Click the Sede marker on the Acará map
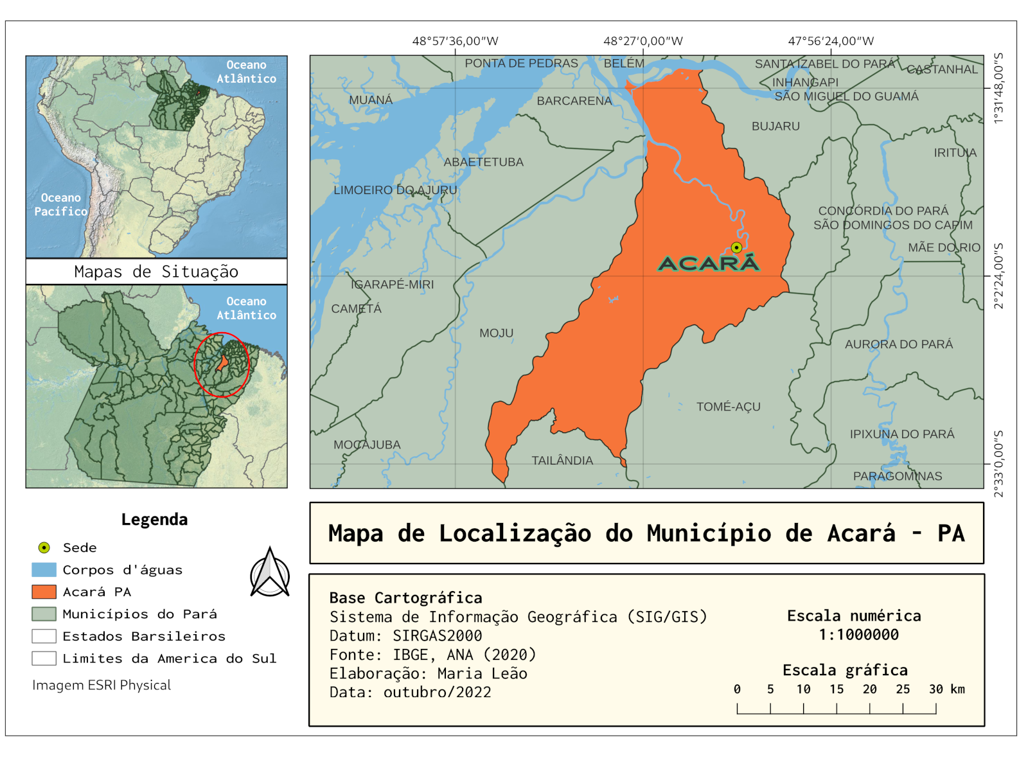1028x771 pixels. pos(736,247)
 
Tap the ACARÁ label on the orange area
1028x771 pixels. pos(709,263)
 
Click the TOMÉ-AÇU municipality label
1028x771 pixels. pos(728,407)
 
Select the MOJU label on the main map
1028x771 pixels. pos(496,333)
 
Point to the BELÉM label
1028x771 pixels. pos(623,63)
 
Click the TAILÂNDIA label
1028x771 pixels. pos(562,461)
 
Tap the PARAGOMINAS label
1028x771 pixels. pos(897,476)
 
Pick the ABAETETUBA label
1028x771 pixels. pos(483,162)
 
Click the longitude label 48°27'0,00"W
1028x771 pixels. pos(642,41)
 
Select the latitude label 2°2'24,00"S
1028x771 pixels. pos(998,276)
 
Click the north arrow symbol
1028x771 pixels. pos(270,572)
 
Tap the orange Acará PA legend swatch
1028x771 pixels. pos(44,592)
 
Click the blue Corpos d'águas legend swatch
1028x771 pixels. pos(44,570)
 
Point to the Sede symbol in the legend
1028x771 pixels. pos(44,547)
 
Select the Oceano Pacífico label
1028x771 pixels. pos(60,204)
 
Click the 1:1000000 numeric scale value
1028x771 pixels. pos(858,635)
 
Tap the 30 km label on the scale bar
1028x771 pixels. pos(946,689)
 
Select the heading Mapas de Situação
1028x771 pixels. pos(156,272)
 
